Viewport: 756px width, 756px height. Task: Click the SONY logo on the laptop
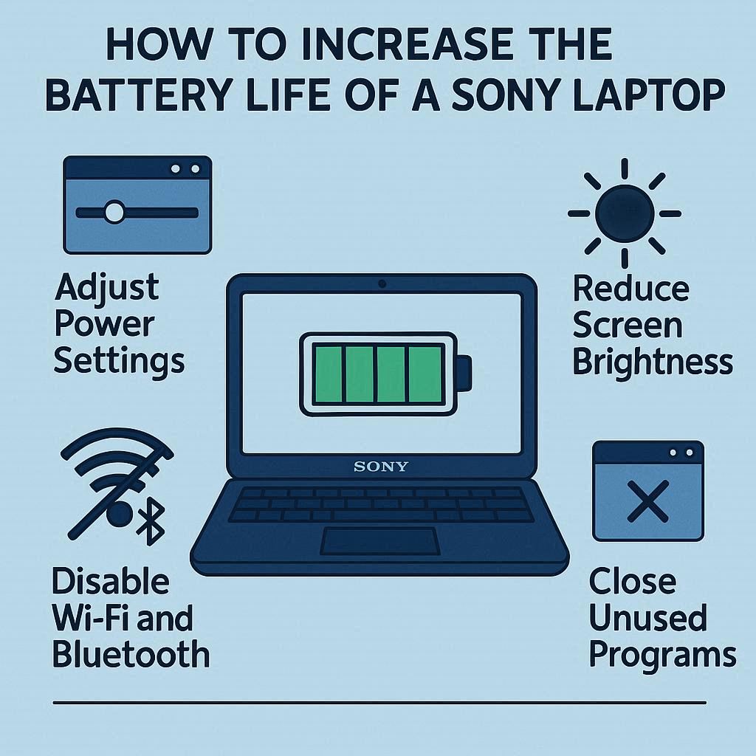click(x=381, y=467)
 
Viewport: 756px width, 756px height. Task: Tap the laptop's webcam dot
click(x=382, y=283)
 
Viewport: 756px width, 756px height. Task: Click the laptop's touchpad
click(x=380, y=541)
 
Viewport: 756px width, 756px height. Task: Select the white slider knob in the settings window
click(x=114, y=212)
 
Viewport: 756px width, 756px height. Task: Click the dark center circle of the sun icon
click(x=625, y=213)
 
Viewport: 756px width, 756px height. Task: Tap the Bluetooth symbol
click(x=151, y=521)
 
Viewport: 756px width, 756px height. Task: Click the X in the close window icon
click(x=648, y=501)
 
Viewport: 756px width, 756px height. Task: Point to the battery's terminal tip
click(x=464, y=373)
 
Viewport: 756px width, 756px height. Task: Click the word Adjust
click(x=106, y=289)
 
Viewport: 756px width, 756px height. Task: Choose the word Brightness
click(x=653, y=362)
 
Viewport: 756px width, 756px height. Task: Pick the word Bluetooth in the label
click(x=131, y=654)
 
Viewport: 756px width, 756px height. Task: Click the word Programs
click(x=662, y=656)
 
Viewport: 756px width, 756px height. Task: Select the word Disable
click(x=111, y=581)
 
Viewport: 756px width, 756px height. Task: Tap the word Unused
click(x=647, y=617)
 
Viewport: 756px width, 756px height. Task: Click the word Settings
click(x=119, y=362)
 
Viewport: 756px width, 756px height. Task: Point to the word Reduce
click(x=631, y=288)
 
